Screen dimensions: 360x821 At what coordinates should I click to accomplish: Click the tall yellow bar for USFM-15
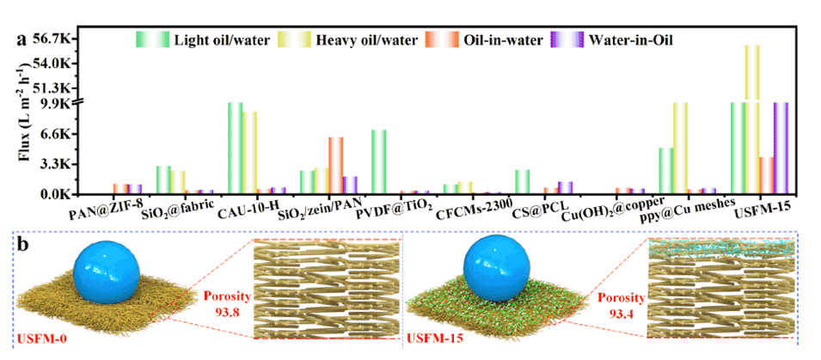(x=752, y=120)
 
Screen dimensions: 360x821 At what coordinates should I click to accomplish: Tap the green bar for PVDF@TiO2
(x=379, y=162)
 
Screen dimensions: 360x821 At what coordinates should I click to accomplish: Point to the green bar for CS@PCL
(x=522, y=181)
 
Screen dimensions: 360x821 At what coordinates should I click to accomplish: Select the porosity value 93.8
(x=226, y=312)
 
